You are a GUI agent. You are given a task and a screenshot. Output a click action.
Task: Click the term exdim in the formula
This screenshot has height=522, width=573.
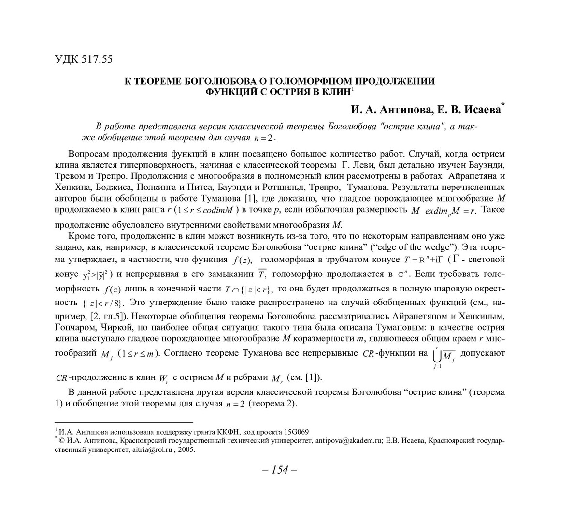[x=436, y=211]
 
